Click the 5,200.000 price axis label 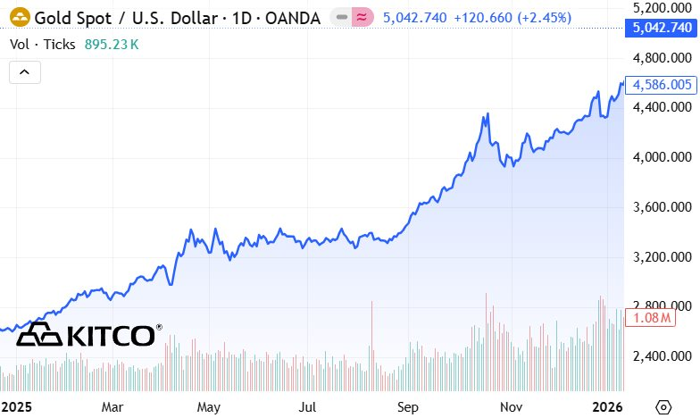662,8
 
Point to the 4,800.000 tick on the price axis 662,58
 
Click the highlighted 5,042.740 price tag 662,29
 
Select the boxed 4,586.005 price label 662,85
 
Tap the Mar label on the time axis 112,406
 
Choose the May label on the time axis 209,406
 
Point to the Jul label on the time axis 308,406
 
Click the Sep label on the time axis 408,406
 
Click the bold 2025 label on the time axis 16,406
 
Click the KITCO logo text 112,336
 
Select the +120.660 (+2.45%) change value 506,17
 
